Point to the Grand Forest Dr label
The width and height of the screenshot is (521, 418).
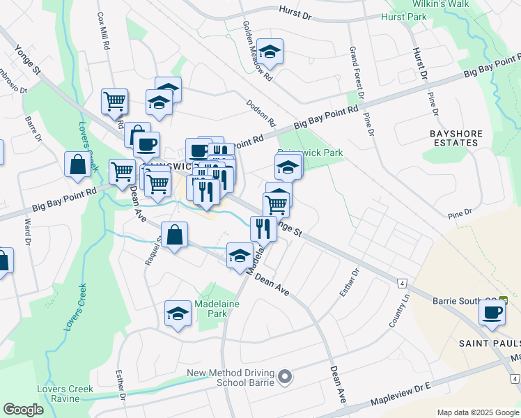pos(357,73)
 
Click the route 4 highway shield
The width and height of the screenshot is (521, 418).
pos(402,283)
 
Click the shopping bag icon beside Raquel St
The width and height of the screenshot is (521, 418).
pos(174,235)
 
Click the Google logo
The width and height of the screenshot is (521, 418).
pos(23,410)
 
